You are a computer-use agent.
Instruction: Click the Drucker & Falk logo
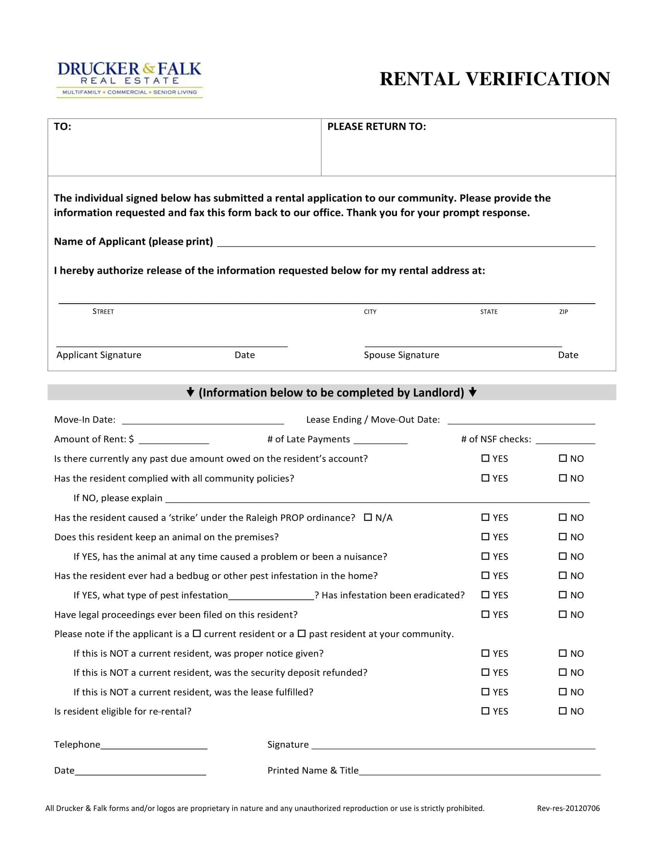coord(129,79)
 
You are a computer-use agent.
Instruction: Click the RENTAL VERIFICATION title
coord(495,79)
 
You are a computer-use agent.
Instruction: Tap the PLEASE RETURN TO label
coord(376,127)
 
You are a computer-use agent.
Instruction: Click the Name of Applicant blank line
coord(406,243)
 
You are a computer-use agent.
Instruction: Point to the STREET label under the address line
coord(103,312)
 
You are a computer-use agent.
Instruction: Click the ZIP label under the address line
coord(563,312)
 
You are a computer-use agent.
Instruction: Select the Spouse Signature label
coord(401,355)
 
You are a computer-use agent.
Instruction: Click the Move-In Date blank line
coord(203,421)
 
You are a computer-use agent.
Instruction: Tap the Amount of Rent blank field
coord(174,440)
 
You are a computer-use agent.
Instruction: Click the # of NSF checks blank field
coord(565,440)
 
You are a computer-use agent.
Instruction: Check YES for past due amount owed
coord(485,459)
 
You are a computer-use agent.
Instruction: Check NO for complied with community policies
coord(562,478)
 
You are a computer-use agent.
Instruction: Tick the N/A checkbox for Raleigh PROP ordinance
coord(368,517)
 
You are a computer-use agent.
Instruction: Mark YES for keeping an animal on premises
coord(485,537)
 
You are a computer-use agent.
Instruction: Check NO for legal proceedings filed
coord(562,615)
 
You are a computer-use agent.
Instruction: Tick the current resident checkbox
coord(197,634)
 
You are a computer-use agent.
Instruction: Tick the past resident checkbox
coord(302,634)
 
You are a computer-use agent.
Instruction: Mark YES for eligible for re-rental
coord(485,711)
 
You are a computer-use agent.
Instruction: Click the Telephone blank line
coord(154,745)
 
